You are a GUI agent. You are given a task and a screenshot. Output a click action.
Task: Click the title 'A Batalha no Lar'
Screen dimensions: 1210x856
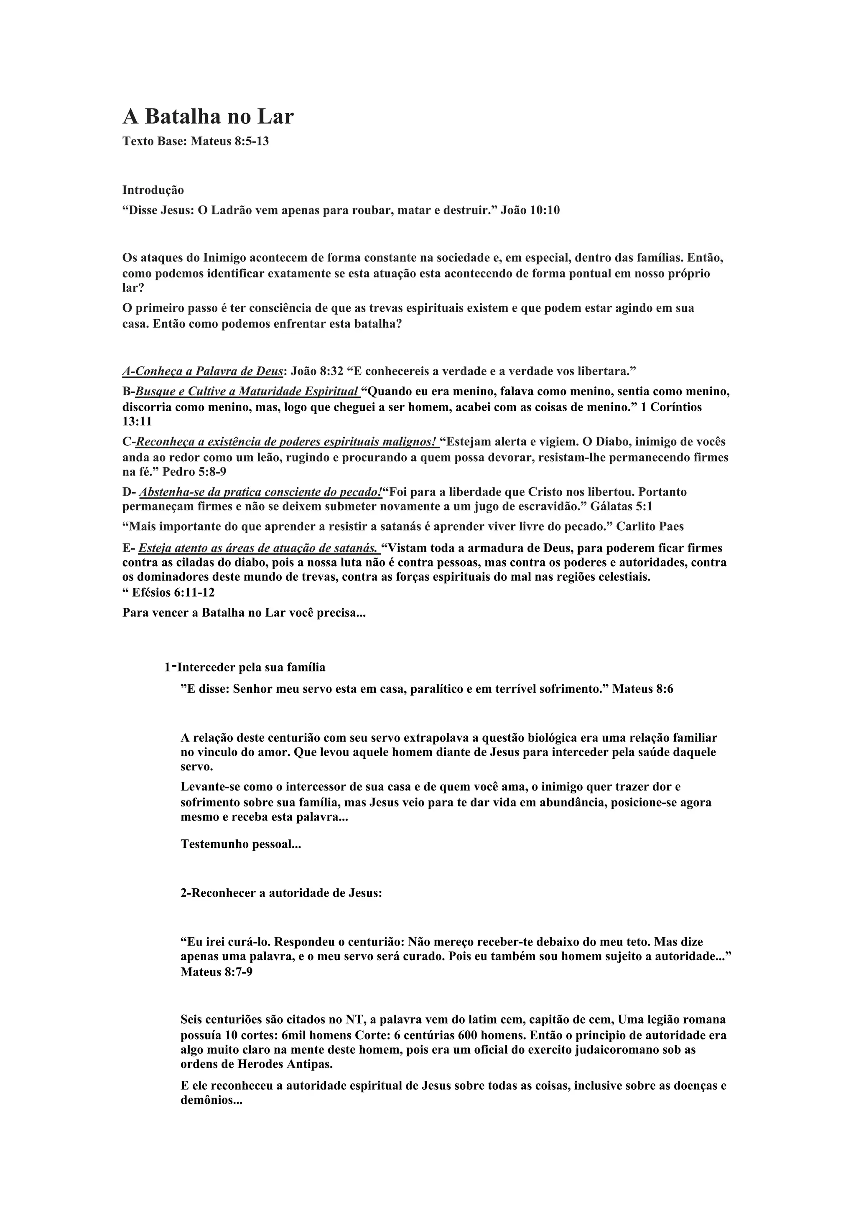coord(208,117)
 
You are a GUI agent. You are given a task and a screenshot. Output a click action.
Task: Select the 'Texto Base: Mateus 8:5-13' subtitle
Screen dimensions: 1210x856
coord(196,141)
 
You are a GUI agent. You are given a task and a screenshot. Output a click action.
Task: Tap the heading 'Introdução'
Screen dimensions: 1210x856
coord(153,190)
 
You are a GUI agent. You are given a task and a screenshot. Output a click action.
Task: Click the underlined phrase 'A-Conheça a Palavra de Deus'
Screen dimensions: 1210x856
coord(203,371)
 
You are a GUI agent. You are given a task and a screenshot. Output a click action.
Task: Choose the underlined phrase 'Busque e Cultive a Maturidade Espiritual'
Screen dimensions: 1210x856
coord(247,391)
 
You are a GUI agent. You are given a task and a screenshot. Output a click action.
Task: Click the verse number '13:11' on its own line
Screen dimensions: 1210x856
coord(137,422)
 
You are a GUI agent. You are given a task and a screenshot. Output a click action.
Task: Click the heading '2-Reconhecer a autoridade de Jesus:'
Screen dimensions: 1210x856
coord(281,893)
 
